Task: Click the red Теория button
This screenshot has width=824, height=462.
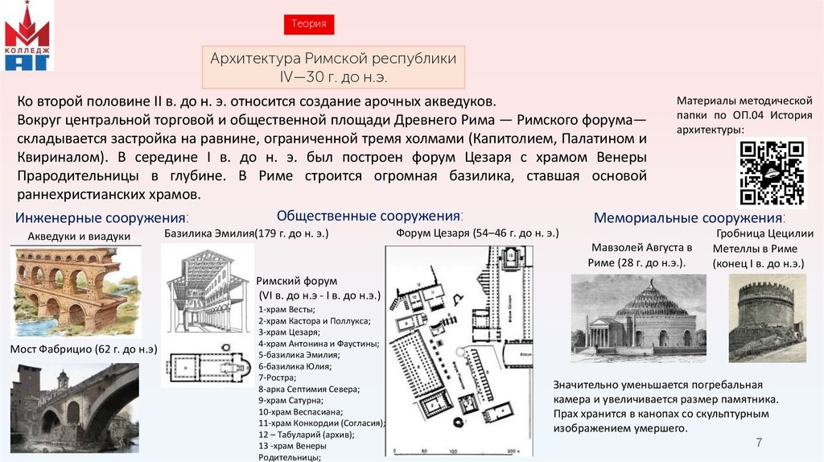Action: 309,24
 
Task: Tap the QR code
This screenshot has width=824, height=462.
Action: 771,173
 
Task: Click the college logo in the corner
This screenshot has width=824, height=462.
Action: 27,36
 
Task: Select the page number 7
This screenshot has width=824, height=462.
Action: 757,443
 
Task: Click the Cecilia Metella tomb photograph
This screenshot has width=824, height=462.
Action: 766,317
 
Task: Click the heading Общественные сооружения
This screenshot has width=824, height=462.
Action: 369,216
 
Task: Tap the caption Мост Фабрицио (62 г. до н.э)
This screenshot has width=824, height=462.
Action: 83,348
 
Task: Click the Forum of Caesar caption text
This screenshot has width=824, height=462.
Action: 476,233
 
